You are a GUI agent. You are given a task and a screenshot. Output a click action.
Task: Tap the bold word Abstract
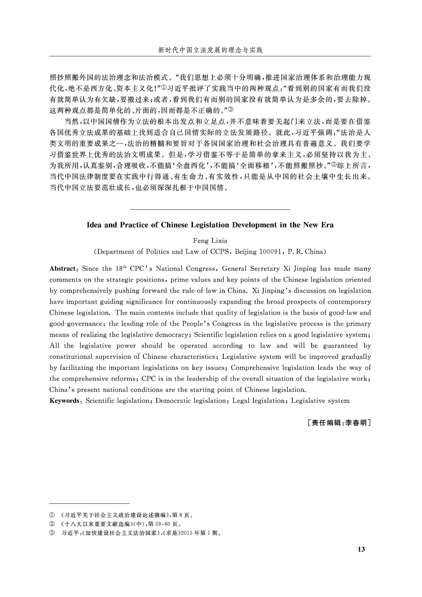(62, 269)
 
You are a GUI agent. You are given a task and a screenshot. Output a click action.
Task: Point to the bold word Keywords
(64, 401)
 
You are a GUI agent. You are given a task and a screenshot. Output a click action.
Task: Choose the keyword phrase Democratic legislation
(191, 401)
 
